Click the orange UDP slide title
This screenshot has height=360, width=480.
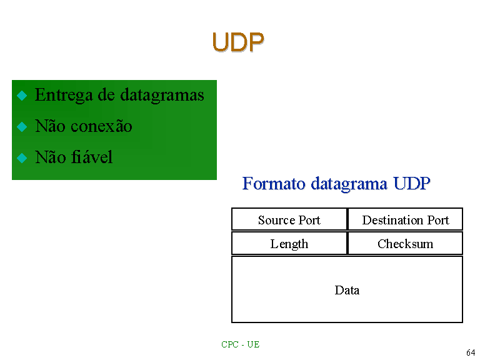click(x=238, y=42)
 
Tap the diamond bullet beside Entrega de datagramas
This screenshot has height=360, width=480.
click(x=22, y=96)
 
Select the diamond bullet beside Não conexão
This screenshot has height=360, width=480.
click(x=22, y=127)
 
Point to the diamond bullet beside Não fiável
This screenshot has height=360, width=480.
click(x=22, y=158)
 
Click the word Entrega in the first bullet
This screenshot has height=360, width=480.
click(x=63, y=95)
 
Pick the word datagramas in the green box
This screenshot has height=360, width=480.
click(x=162, y=95)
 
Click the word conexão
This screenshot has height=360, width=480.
click(x=101, y=126)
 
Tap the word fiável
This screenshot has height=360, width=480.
click(x=91, y=157)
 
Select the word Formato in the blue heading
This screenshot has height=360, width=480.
click(x=274, y=184)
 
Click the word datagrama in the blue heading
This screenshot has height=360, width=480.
click(x=349, y=184)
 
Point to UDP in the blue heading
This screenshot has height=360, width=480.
click(x=412, y=184)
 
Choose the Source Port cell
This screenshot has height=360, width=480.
click(x=289, y=219)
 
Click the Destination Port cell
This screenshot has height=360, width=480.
click(x=405, y=219)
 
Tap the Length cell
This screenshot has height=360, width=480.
click(x=289, y=243)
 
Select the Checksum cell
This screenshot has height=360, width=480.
click(x=405, y=243)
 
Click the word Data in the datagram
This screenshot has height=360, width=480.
click(x=347, y=290)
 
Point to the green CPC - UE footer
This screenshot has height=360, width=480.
click(x=240, y=344)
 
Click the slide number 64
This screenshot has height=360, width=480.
click(x=471, y=352)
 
